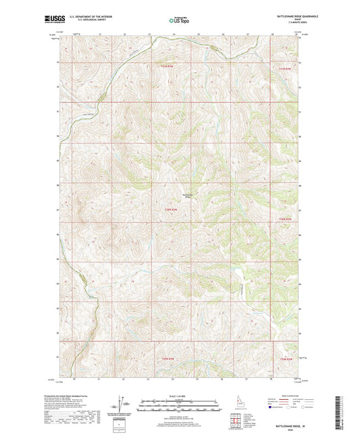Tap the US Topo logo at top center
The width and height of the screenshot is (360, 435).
pos(179,22)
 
